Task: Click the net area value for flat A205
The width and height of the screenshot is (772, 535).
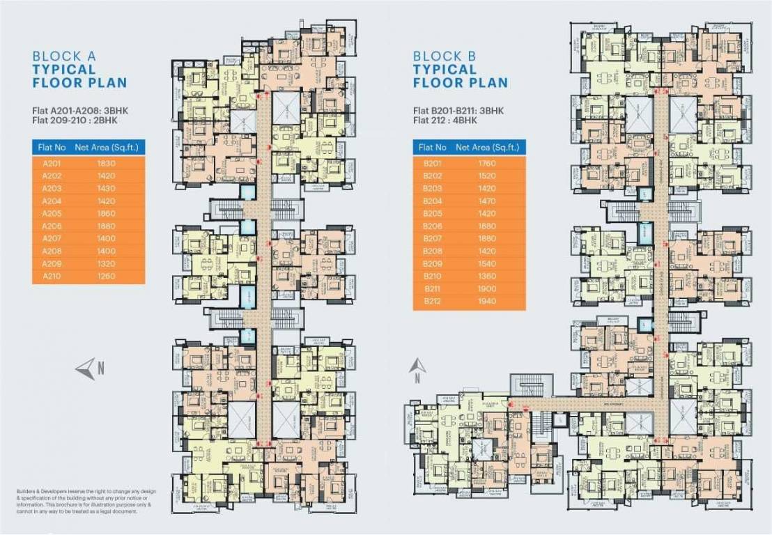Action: point(107,213)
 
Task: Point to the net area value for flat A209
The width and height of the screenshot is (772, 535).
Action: point(107,263)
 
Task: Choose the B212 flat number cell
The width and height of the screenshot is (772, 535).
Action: point(433,301)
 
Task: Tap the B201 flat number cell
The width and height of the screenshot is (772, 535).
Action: point(433,163)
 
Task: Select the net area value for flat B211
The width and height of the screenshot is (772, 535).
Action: point(487,288)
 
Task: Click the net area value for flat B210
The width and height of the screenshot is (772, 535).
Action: point(487,276)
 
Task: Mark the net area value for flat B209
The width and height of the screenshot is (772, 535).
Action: point(487,263)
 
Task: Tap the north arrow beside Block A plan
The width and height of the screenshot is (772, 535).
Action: point(86,369)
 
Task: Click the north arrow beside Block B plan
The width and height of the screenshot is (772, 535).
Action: point(416,367)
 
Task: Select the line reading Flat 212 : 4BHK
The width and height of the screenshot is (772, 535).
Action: point(445,121)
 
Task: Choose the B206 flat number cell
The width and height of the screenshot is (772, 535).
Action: point(433,226)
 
